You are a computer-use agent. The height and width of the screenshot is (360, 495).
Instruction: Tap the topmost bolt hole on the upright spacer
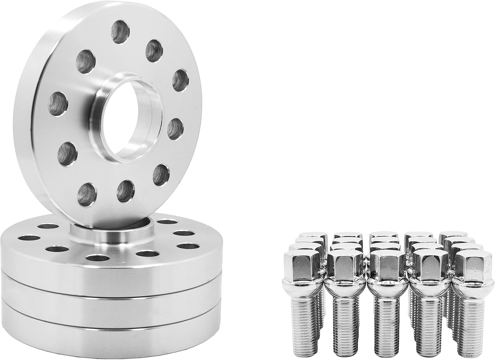point(120,32)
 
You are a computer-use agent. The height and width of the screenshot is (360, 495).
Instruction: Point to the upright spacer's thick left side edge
point(26,109)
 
